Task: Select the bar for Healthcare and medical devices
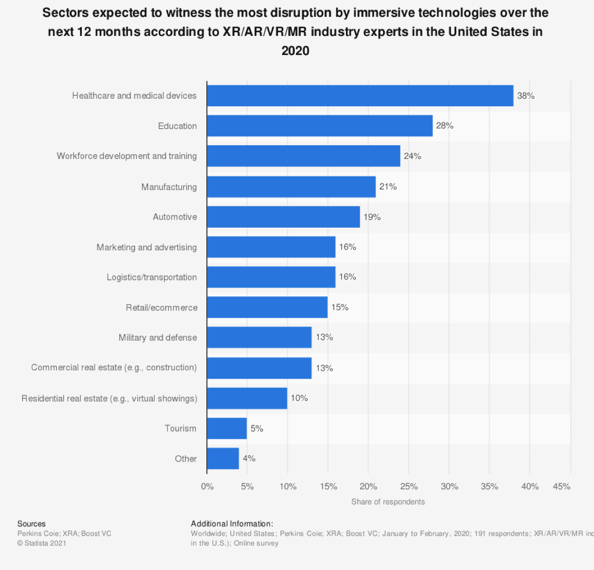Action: pos(360,96)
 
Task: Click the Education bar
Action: pos(320,126)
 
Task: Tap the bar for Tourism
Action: pos(227,428)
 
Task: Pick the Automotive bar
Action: pos(283,217)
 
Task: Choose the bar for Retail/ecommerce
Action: pos(267,307)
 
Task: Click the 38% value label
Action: pos(525,96)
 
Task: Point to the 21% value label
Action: pos(388,186)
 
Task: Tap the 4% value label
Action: pos(248,459)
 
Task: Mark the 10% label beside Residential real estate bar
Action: pos(299,398)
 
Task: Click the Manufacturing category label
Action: pos(169,186)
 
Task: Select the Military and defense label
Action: pos(158,338)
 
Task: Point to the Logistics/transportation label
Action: pos(152,277)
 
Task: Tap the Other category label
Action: pos(186,459)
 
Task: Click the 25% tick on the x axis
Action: pos(409,487)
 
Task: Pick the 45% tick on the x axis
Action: pos(561,487)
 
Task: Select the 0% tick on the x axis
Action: pos(207,487)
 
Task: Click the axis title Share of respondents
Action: pos(388,501)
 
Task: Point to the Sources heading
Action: pos(32,524)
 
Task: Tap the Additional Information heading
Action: pos(232,524)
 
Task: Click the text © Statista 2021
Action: pos(42,543)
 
